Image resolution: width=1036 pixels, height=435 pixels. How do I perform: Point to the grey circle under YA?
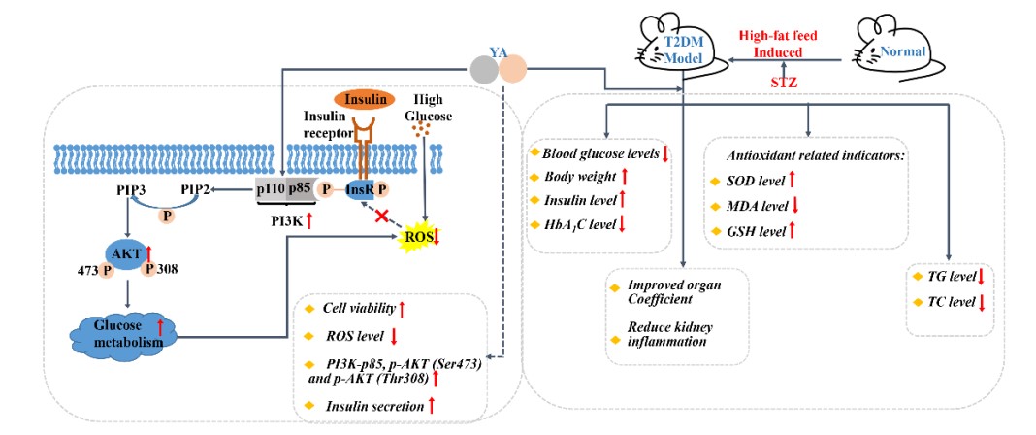(x=483, y=69)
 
